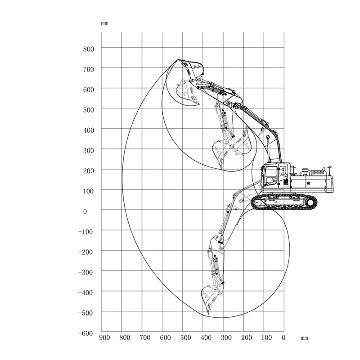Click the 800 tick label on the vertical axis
tap(89, 49)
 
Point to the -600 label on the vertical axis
tap(85, 333)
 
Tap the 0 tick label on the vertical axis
tap(85, 211)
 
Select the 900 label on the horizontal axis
tap(104, 338)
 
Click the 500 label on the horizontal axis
tap(185, 338)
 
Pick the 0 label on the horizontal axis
tap(283, 338)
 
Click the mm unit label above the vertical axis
tap(105, 23)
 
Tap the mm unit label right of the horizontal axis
tap(304, 338)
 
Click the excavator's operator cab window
tap(271, 175)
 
